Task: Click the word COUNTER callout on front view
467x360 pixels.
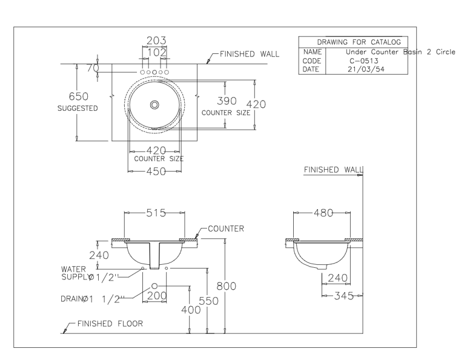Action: [226, 229]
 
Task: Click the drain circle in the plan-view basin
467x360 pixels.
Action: [154, 105]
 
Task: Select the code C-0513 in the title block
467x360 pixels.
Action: [349, 61]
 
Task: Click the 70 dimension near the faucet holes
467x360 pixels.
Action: [92, 68]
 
